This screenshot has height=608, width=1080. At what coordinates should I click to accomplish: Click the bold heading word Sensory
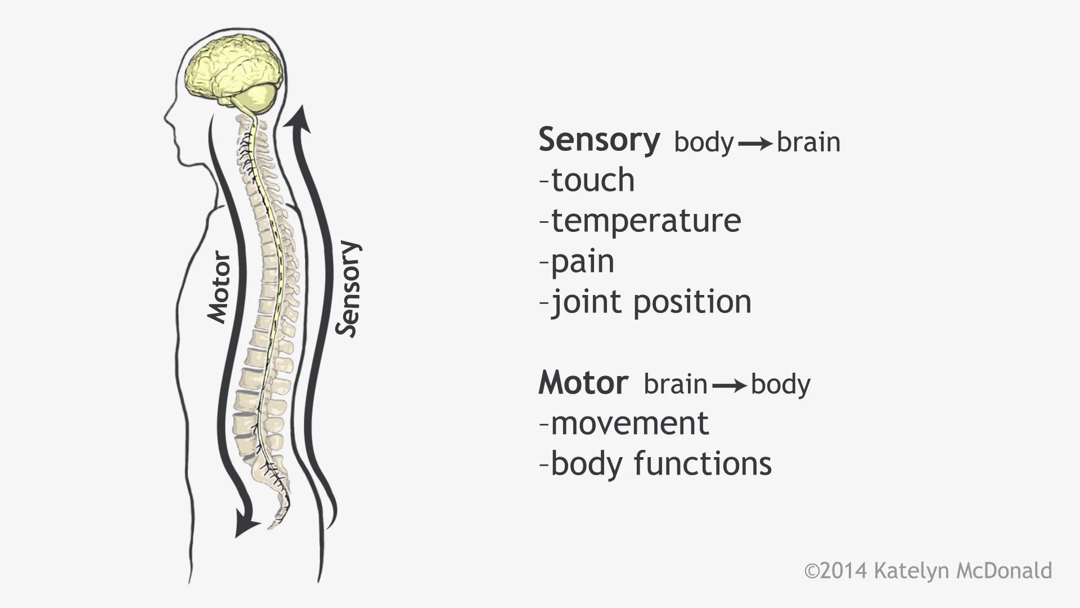(599, 140)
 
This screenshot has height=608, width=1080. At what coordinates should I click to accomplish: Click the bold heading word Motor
(583, 383)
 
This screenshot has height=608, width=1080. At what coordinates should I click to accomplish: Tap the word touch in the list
(592, 180)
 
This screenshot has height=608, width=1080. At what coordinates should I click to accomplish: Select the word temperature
(646, 221)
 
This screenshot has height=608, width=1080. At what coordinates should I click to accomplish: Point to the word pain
(582, 262)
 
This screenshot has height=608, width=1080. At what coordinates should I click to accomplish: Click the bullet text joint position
(651, 302)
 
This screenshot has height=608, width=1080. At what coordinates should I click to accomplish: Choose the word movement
(629, 423)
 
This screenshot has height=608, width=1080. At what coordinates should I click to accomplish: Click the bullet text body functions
(661, 464)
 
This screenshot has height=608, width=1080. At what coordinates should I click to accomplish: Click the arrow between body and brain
(755, 144)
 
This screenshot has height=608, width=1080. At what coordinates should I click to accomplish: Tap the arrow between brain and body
(729, 386)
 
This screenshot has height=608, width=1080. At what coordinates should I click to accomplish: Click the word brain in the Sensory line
(808, 142)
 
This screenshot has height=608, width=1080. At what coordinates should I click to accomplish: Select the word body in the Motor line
(781, 385)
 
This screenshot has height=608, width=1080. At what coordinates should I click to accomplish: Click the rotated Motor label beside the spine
(219, 288)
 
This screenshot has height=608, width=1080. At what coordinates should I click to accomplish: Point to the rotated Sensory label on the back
(348, 289)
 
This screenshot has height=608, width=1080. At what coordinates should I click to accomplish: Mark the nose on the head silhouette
(166, 120)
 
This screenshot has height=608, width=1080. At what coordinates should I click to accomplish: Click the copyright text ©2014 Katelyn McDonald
(928, 571)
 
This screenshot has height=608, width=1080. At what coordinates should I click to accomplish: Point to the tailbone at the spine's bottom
(277, 518)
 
